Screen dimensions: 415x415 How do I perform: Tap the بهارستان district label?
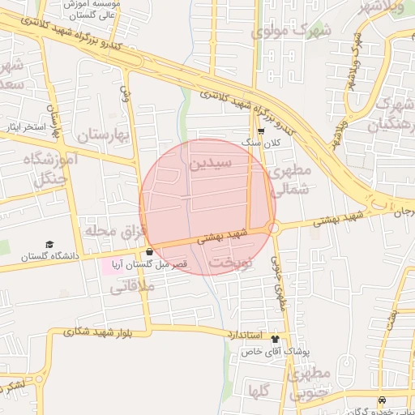tap(102, 135)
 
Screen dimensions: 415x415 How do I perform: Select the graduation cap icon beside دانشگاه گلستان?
tap(49, 244)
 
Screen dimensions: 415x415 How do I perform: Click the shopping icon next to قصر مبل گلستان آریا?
tap(149, 251)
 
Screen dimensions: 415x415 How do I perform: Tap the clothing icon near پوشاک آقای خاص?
tap(275, 339)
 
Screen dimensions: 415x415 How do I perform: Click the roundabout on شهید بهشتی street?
tap(273, 229)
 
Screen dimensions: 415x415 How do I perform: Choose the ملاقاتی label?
tap(125, 285)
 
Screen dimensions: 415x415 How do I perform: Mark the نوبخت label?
tap(231, 263)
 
